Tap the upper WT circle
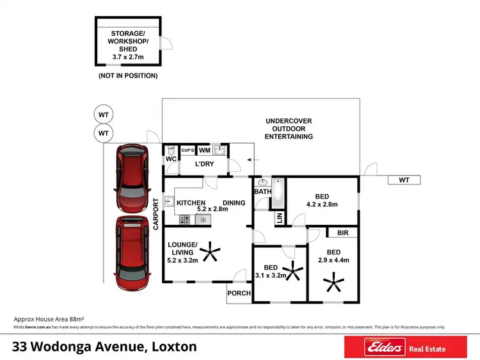pyautogui.click(x=103, y=115)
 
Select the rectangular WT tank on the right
pyautogui.click(x=404, y=180)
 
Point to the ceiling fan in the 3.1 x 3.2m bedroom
pyautogui.click(x=293, y=271)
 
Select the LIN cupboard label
pyautogui.click(x=280, y=218)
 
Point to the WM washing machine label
pyautogui.click(x=205, y=151)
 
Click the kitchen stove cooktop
pyautogui.click(x=184, y=219)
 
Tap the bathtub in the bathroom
pyautogui.click(x=278, y=195)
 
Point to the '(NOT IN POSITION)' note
pyautogui.click(x=127, y=76)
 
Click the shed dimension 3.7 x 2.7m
pyautogui.click(x=127, y=57)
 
